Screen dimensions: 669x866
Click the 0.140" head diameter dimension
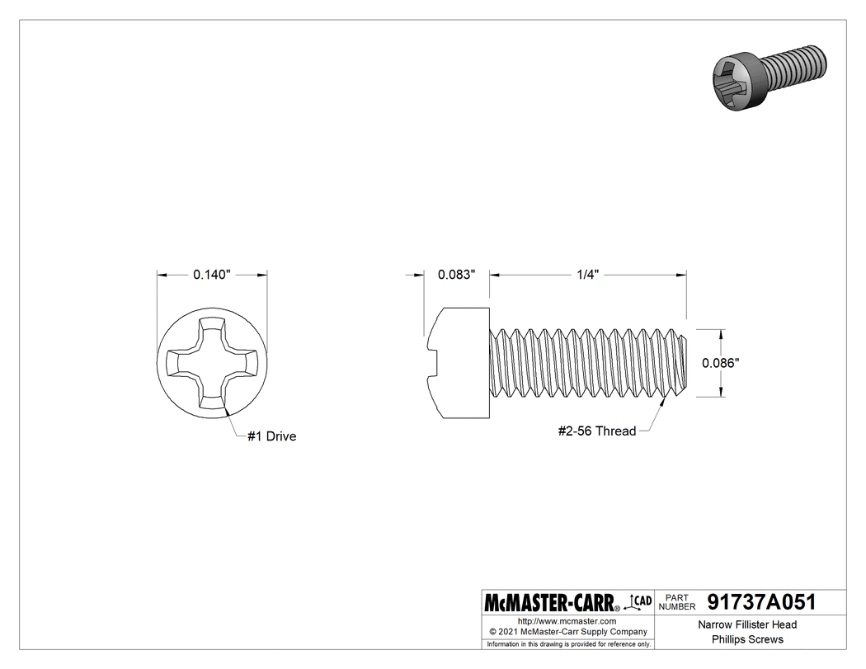pos(212,275)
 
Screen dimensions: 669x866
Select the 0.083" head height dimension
pos(456,275)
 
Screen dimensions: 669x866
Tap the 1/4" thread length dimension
pos(586,275)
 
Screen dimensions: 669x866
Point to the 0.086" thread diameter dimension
pos(720,362)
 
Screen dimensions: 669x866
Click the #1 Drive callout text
pos(271,436)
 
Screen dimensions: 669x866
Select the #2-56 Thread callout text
pos(596,431)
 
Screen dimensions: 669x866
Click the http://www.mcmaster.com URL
pos(567,620)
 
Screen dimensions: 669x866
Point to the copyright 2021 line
pos(567,631)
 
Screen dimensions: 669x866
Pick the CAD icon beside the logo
pos(640,602)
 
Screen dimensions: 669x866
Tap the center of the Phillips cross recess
pos(212,362)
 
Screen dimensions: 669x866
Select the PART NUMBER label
pos(676,602)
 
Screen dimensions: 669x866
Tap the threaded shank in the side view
pos(588,362)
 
